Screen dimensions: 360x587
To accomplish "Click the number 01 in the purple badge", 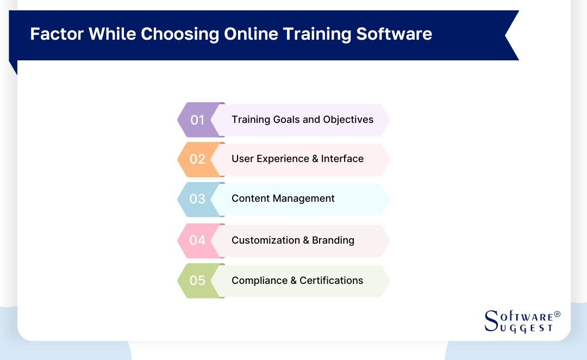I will pos(197,120).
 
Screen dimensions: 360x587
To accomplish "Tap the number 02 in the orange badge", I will pos(197,159).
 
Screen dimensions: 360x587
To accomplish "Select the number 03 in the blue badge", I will pos(197,199).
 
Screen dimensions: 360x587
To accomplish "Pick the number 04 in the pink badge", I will pos(197,240).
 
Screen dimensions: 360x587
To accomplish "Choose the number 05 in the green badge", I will pos(197,281).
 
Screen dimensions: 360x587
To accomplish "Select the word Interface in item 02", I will pos(342,159).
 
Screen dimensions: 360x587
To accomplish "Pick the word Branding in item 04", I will pos(333,240).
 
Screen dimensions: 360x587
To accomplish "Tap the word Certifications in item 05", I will pos(332,281).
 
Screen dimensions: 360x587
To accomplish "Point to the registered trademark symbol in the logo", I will pos(557,315).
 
